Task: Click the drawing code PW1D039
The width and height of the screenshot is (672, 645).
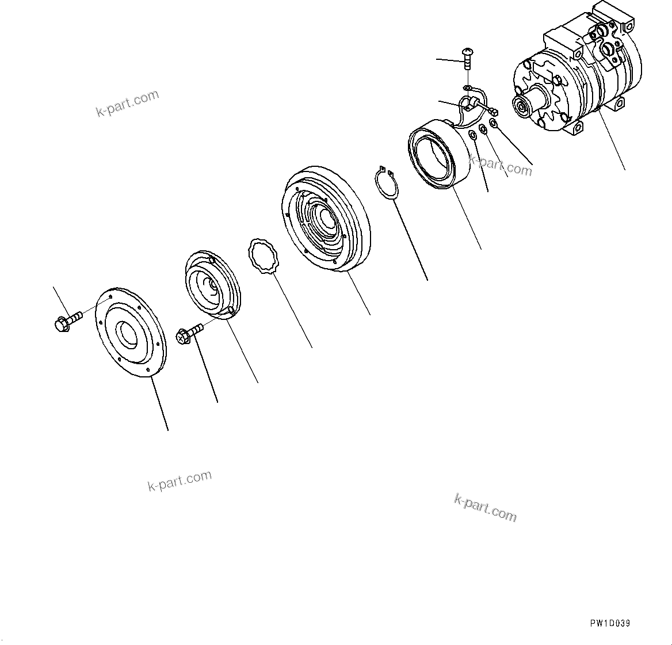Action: click(609, 623)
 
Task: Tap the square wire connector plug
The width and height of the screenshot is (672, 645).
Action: click(494, 111)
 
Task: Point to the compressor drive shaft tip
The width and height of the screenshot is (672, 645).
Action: click(521, 106)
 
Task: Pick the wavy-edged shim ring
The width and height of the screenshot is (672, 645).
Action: click(264, 257)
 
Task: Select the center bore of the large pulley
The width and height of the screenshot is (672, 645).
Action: click(324, 218)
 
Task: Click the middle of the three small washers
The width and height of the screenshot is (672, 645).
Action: click(484, 129)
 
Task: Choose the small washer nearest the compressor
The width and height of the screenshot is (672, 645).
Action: click(494, 124)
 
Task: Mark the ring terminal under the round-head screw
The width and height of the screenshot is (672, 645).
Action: click(467, 87)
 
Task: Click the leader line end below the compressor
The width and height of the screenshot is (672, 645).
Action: click(624, 170)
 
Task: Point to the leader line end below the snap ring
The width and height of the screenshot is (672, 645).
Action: click(427, 280)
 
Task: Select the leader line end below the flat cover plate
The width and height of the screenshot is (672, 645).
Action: click(168, 430)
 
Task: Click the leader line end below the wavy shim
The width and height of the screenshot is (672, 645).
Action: click(312, 348)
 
